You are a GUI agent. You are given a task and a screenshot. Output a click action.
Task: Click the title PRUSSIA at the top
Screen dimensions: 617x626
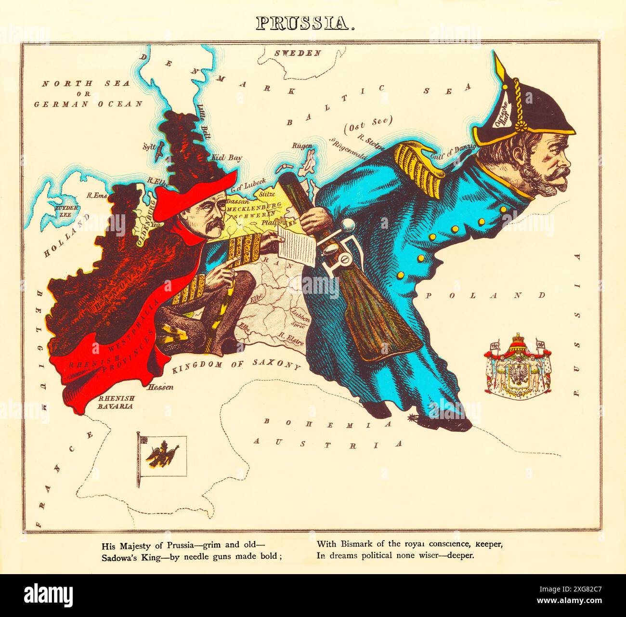[x=304, y=24]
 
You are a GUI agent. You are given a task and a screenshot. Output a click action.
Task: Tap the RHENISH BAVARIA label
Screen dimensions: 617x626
[x=116, y=402]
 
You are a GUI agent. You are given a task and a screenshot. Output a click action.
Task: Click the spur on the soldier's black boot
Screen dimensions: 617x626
[x=413, y=415]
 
